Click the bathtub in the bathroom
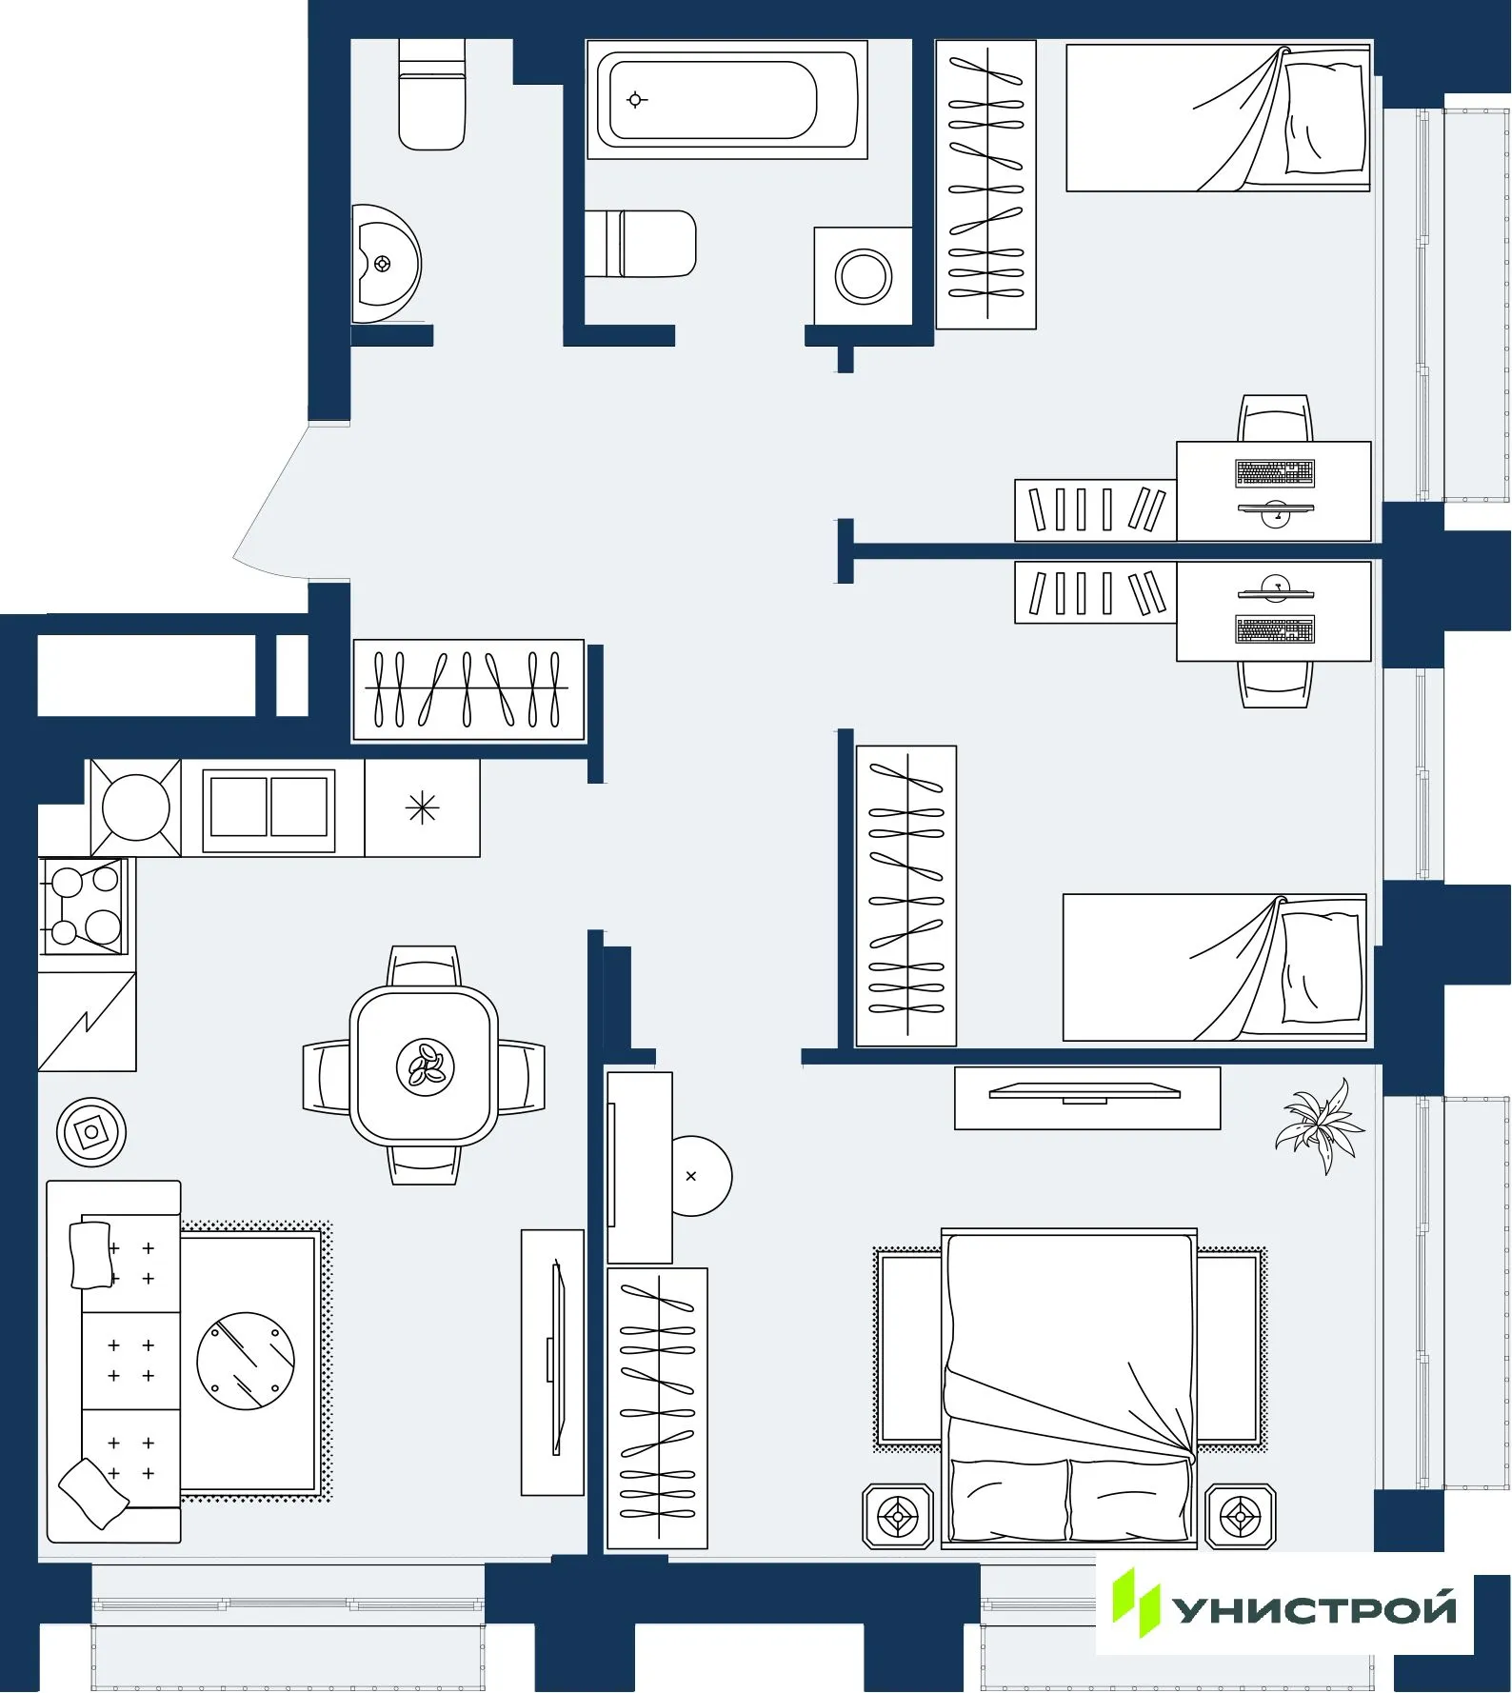726,100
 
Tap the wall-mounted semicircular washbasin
385,264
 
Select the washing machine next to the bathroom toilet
863,276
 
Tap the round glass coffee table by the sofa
246,1361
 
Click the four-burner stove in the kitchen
84,905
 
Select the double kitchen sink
269,807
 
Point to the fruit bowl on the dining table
425,1066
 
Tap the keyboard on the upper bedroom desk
1275,472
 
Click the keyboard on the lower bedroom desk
1275,629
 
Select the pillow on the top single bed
1324,118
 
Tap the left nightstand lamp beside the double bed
898,1515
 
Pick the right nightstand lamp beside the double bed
1240,1515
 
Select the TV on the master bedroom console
1084,1092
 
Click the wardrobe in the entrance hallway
468,689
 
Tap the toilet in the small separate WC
431,95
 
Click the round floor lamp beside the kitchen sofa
91,1132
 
